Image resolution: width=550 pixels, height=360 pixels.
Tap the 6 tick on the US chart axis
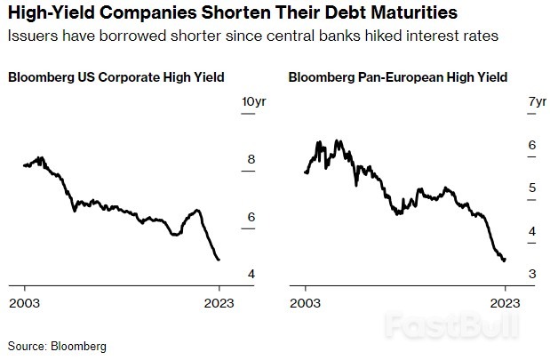click(x=251, y=217)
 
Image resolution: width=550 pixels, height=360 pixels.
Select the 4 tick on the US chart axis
click(x=251, y=274)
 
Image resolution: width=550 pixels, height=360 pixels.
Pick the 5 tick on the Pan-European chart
click(x=532, y=188)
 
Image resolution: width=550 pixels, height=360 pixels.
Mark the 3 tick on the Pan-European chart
click(x=532, y=274)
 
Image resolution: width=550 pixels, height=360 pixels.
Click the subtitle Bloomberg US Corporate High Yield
click(x=116, y=77)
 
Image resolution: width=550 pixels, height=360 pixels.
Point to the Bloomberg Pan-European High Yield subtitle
click(x=398, y=77)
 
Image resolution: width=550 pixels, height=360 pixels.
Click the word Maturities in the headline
click(x=408, y=14)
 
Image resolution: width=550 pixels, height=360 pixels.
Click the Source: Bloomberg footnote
click(x=57, y=346)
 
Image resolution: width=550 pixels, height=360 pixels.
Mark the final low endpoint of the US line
click(x=219, y=260)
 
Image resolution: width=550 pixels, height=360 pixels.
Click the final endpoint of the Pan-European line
click(x=505, y=260)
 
